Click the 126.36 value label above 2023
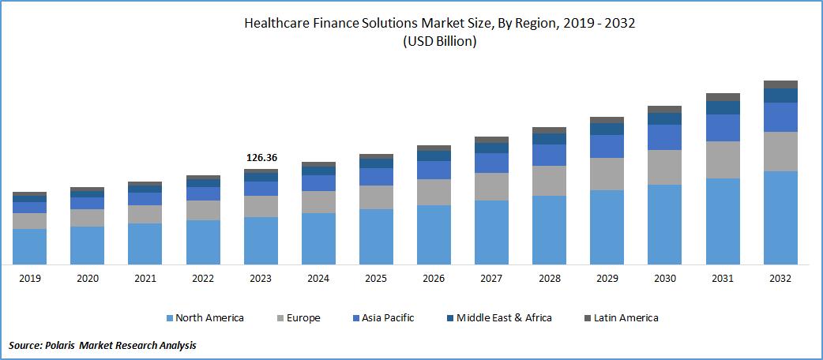[x=261, y=158]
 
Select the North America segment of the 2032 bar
[x=780, y=217]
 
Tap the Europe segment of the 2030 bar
[x=664, y=167]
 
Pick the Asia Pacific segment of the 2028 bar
[x=549, y=155]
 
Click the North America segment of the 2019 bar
[x=29, y=246]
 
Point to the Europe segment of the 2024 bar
[x=318, y=201]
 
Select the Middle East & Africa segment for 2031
[x=723, y=107]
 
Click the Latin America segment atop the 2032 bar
[x=780, y=84]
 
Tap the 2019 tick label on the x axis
[x=29, y=279]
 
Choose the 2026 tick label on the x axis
[x=434, y=279]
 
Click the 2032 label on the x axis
[x=780, y=279]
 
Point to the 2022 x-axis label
[x=203, y=279]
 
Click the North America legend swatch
[x=170, y=318]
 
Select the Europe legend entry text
[x=303, y=318]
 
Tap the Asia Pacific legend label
[x=388, y=318]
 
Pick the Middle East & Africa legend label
[x=504, y=318]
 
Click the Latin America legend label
[x=626, y=318]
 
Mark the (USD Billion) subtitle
[x=440, y=42]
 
